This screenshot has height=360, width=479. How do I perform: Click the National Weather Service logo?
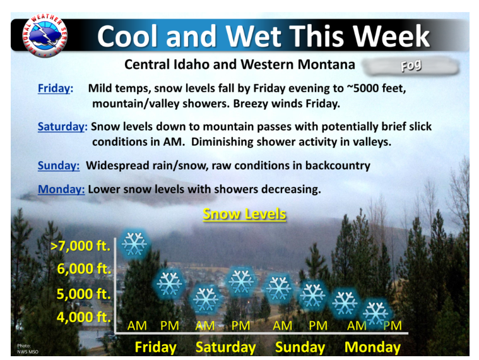(x=45, y=35)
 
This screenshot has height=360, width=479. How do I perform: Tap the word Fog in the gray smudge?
(x=411, y=66)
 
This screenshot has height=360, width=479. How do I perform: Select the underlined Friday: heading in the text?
(x=56, y=88)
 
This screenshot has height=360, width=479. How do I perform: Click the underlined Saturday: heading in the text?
(x=62, y=126)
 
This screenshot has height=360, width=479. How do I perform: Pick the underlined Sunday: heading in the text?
(x=59, y=165)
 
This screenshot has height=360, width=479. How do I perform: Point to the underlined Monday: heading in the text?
(x=61, y=189)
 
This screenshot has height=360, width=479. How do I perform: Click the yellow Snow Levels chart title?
(x=244, y=214)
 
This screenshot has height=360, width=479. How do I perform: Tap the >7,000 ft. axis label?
(x=80, y=246)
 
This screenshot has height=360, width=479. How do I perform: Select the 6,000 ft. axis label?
(x=84, y=268)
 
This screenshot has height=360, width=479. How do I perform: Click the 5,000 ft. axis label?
(x=83, y=294)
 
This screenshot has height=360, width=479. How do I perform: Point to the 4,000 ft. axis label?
(x=83, y=317)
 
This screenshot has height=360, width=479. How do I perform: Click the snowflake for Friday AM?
(x=134, y=244)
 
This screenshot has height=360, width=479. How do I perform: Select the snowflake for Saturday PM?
(x=241, y=282)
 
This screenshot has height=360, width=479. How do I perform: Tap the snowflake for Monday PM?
(x=376, y=313)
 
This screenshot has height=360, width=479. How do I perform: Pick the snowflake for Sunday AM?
(x=278, y=288)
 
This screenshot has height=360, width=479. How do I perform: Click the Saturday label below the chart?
(x=226, y=347)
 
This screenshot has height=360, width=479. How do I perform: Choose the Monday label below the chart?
(x=372, y=347)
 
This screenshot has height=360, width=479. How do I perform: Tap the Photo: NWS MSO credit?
(x=28, y=349)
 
